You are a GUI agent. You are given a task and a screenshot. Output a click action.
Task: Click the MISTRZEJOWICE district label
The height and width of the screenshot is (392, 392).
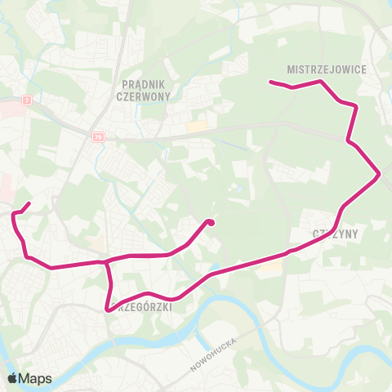[327, 70]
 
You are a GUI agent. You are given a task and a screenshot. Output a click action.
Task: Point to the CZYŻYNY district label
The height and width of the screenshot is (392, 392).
[336, 233]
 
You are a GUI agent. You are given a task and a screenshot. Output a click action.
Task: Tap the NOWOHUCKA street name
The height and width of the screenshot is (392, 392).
[212, 354]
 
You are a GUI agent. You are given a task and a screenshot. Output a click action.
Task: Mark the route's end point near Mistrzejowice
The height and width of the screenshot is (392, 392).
[271, 82]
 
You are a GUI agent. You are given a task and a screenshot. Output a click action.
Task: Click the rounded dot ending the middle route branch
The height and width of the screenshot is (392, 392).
[211, 222]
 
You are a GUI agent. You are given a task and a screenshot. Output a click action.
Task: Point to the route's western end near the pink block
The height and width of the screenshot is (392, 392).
[29, 203]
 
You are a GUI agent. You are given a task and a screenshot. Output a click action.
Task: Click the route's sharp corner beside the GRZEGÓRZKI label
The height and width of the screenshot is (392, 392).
[109, 310]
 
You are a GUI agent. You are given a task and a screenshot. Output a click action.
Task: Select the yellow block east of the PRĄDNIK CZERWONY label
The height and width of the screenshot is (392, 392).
[197, 127]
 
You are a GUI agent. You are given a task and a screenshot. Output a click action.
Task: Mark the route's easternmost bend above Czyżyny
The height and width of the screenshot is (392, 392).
[378, 173]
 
